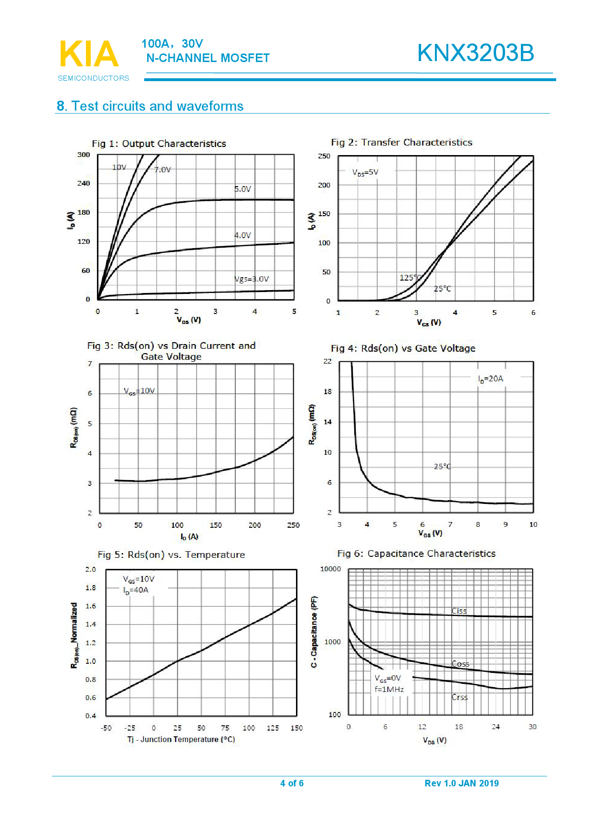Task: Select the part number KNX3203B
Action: (476, 53)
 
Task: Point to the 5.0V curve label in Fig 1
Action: (243, 189)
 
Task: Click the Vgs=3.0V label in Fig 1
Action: (252, 279)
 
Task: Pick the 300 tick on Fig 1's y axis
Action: (84, 155)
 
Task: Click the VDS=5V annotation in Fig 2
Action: (365, 172)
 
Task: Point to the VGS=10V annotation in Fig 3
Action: (139, 391)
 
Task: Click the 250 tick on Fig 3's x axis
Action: (293, 525)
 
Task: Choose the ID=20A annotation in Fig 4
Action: (490, 379)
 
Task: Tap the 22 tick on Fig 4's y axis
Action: (327, 361)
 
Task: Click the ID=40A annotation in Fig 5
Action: (136, 590)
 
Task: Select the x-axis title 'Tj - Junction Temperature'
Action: (181, 739)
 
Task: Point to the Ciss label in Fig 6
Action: (459, 611)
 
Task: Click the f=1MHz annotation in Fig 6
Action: (389, 690)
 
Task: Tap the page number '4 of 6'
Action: (292, 783)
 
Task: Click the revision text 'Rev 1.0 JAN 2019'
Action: (461, 783)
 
